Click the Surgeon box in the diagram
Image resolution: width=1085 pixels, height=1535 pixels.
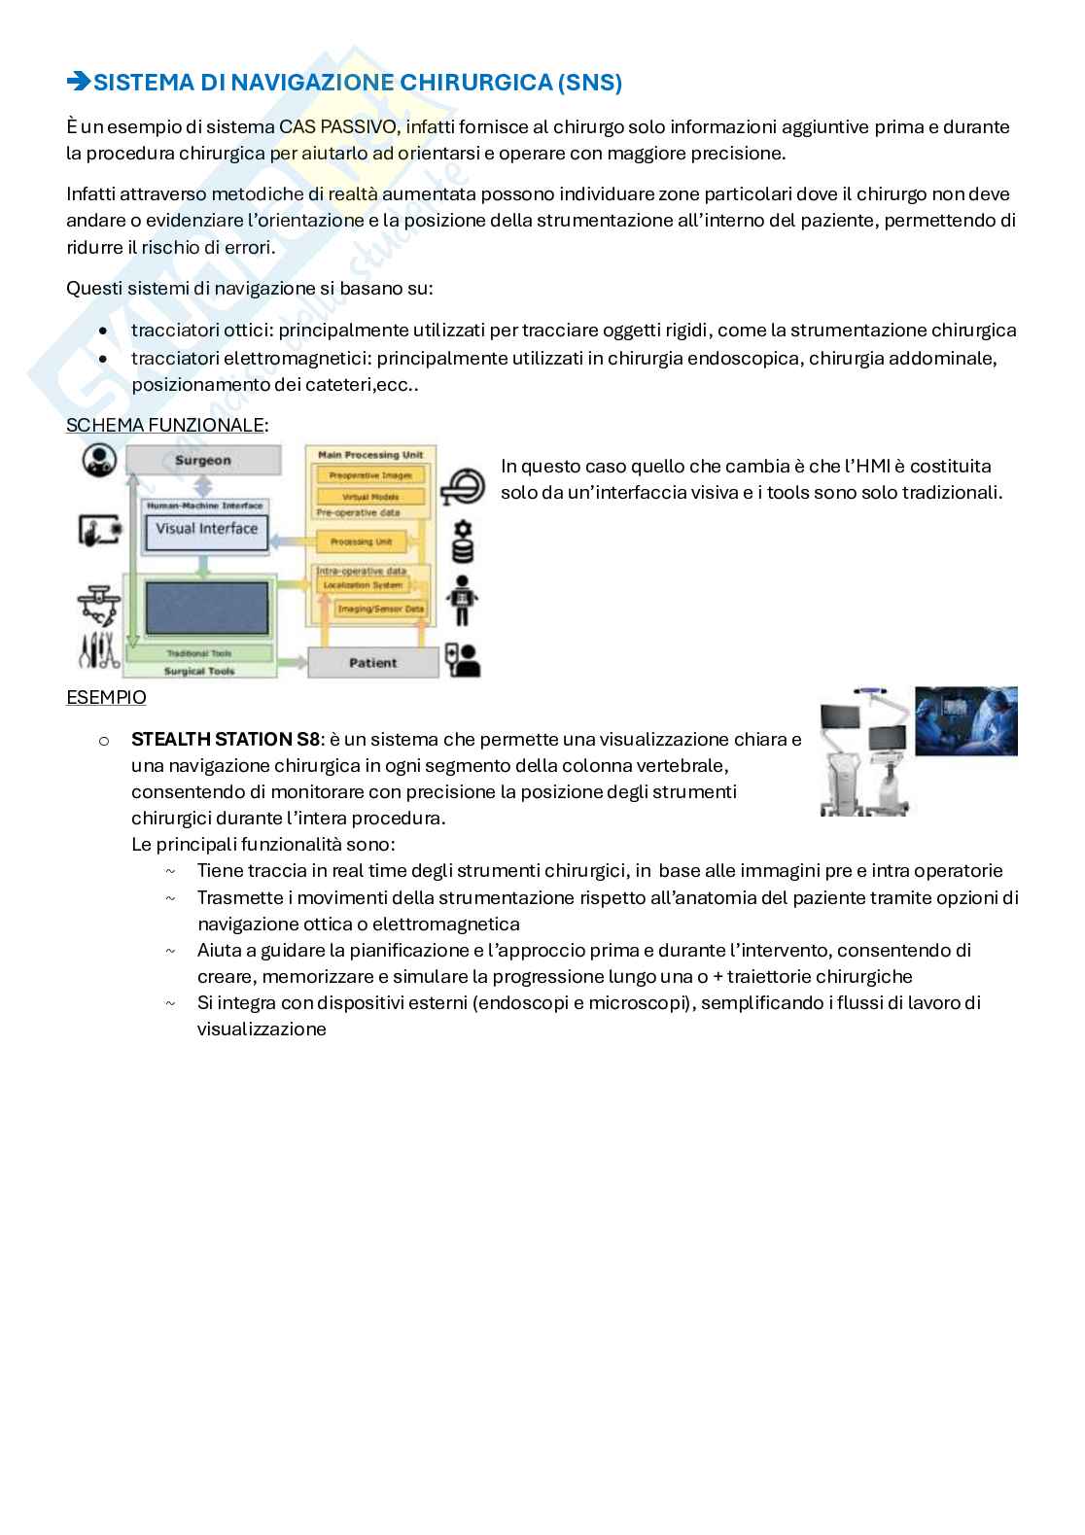[x=202, y=461]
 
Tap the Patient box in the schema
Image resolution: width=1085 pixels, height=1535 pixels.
[x=372, y=663]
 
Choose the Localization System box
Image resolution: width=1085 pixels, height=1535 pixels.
[x=361, y=585]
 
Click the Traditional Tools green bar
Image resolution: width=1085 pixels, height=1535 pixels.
[x=199, y=654]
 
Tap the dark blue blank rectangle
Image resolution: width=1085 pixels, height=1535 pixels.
[x=206, y=608]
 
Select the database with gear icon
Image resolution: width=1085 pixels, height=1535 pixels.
[x=463, y=541]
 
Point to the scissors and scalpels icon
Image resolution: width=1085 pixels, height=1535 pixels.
[x=98, y=650]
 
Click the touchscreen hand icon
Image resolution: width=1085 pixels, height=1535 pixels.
[x=99, y=530]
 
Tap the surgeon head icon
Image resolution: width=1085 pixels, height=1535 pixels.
[x=99, y=460]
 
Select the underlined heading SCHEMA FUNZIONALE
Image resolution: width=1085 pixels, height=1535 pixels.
[x=165, y=425]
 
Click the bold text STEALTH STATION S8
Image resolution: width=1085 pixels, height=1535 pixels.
[x=225, y=739]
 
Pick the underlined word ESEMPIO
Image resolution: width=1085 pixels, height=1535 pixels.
[x=106, y=697]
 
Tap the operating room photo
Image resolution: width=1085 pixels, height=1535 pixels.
[x=965, y=720]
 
